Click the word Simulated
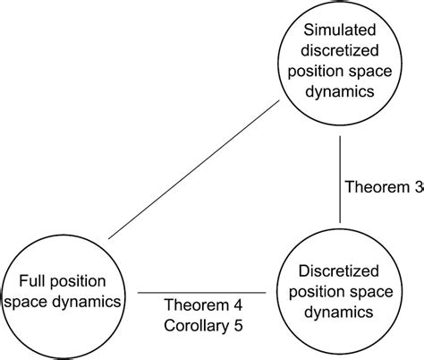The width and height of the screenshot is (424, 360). pos(339,32)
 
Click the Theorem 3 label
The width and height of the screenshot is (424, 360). pos(384,188)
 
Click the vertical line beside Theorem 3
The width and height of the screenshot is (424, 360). pos(339,188)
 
